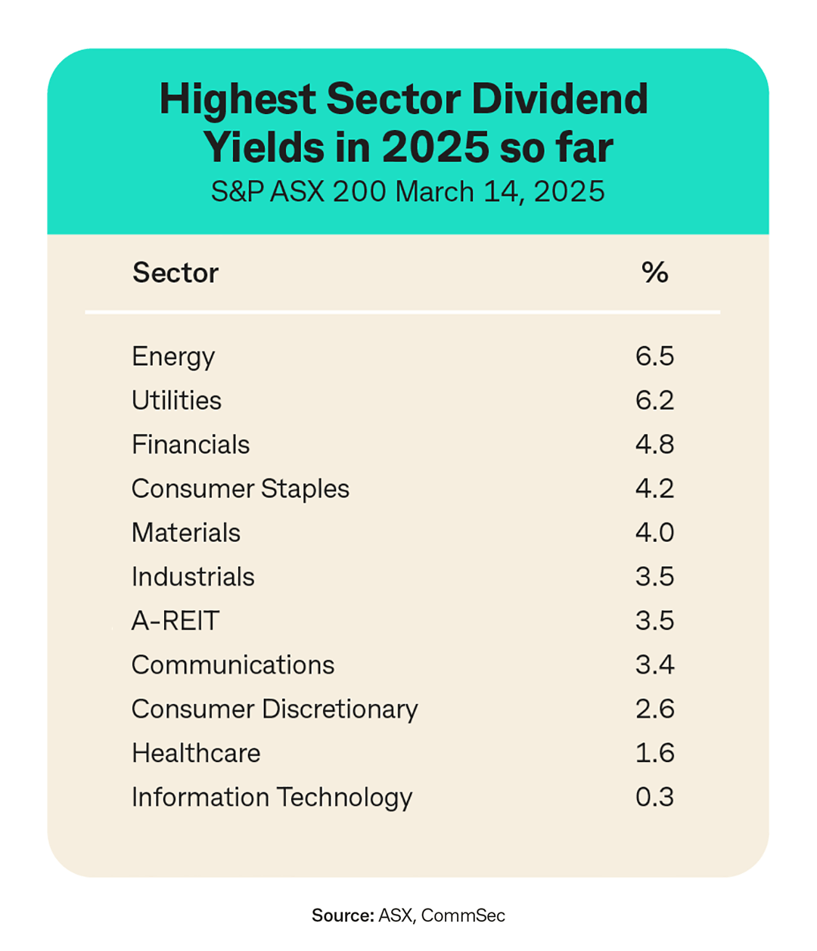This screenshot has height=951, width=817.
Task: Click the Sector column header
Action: (x=176, y=273)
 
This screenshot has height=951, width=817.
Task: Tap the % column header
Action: (x=654, y=273)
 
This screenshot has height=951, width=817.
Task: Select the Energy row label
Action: (x=173, y=357)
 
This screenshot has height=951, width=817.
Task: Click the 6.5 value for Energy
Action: (x=654, y=356)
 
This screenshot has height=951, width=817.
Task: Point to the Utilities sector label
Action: (x=176, y=400)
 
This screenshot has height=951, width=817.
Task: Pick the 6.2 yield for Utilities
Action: (x=654, y=400)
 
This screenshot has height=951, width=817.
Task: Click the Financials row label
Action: (x=191, y=445)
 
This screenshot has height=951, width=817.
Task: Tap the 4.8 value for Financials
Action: (x=654, y=445)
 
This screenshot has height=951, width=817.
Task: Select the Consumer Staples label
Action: (x=241, y=489)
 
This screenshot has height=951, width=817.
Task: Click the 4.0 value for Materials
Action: (x=654, y=533)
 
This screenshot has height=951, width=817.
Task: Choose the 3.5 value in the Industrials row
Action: (x=654, y=577)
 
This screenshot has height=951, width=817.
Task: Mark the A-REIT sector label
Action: (x=176, y=621)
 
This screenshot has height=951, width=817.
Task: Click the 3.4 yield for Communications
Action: (x=654, y=665)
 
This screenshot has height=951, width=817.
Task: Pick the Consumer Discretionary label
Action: (x=275, y=709)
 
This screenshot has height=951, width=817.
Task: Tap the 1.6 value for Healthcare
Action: (x=654, y=753)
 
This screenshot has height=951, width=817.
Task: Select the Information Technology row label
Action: (x=272, y=798)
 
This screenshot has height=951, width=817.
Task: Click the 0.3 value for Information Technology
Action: (x=654, y=798)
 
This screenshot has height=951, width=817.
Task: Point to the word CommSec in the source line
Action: (x=463, y=915)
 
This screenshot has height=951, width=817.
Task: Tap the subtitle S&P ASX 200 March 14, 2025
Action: (x=408, y=192)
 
